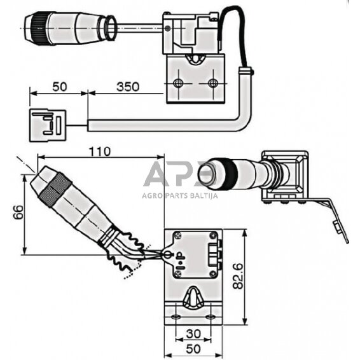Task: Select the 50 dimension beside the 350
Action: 58,87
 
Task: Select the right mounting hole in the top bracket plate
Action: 212,85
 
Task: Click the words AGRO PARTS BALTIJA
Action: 179,196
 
